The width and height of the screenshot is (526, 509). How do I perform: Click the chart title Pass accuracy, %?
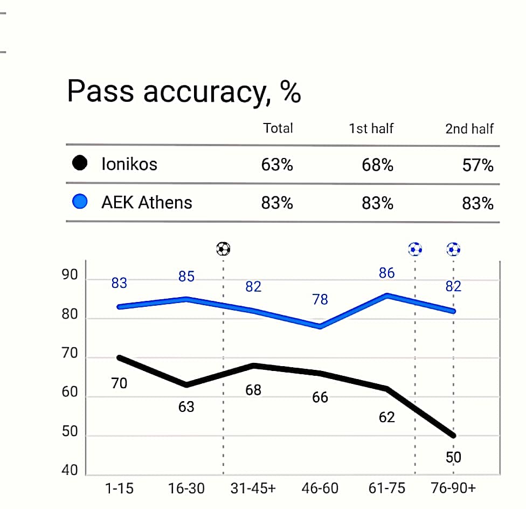(x=184, y=92)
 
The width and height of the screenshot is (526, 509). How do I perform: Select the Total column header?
(x=278, y=128)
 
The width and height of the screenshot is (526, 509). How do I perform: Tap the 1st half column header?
(x=371, y=128)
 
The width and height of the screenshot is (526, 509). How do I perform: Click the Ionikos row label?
(x=129, y=164)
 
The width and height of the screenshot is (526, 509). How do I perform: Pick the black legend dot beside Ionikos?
(x=80, y=163)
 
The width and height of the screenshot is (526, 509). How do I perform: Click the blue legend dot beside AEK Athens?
(x=80, y=202)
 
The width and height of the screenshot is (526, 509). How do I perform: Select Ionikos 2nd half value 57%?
(x=477, y=164)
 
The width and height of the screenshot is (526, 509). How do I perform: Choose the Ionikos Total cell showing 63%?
(x=277, y=164)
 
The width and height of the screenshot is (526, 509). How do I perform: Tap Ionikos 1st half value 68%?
(x=377, y=164)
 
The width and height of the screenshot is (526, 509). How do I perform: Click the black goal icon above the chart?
(x=223, y=249)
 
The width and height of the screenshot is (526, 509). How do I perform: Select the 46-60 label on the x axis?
(x=320, y=489)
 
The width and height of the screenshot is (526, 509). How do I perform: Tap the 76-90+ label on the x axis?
(x=453, y=489)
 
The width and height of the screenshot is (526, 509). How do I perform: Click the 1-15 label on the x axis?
(x=119, y=489)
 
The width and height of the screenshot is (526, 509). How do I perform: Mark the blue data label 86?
(x=386, y=273)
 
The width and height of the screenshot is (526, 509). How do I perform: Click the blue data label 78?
(x=320, y=299)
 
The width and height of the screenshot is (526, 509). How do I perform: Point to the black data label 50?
(x=453, y=458)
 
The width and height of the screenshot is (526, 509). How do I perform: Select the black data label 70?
(x=119, y=383)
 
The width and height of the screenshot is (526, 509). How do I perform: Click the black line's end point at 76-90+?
(x=453, y=436)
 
